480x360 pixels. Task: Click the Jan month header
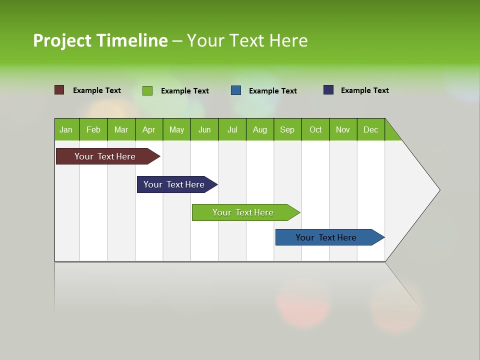pyautogui.click(x=66, y=129)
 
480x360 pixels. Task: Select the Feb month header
pyautogui.click(x=93, y=129)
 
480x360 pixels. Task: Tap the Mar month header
pyautogui.click(x=121, y=129)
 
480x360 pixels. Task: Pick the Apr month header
pyautogui.click(x=149, y=129)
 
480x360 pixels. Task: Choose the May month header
pyautogui.click(x=176, y=129)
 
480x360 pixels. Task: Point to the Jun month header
pyautogui.click(x=204, y=129)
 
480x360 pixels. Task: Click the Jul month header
pyautogui.click(x=232, y=129)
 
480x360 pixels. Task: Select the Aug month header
pyautogui.click(x=260, y=129)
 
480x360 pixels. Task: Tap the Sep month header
pyautogui.click(x=287, y=129)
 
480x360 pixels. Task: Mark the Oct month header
pyautogui.click(x=315, y=129)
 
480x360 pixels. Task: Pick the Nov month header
pyautogui.click(x=343, y=129)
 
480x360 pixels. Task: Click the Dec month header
pyautogui.click(x=371, y=129)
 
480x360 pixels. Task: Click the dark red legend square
pyautogui.click(x=59, y=90)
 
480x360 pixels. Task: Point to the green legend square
pyautogui.click(x=147, y=90)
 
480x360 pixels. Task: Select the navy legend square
pyautogui.click(x=328, y=90)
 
